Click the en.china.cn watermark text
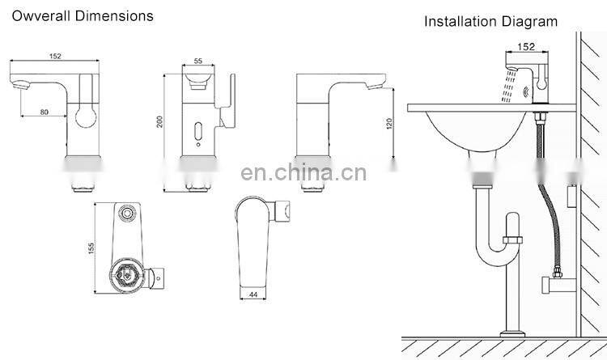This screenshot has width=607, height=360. [304, 173]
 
